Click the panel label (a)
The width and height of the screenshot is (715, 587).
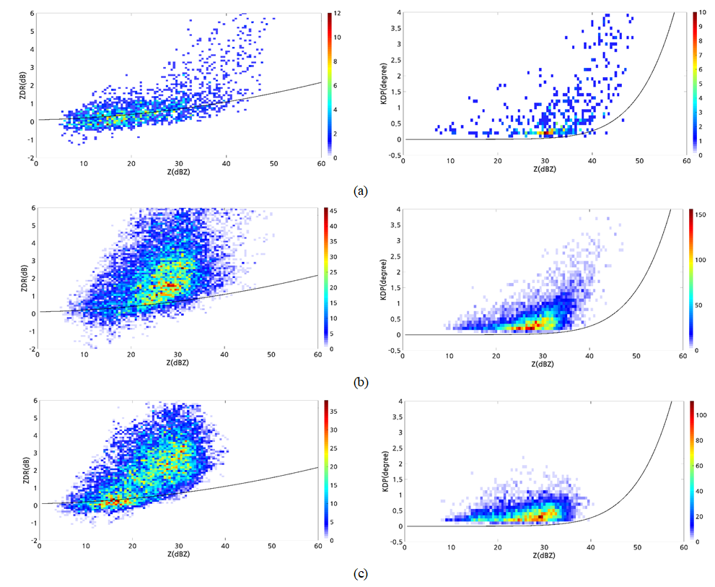tap(361, 191)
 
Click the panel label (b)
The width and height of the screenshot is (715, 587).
tap(361, 383)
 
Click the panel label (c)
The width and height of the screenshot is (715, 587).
tap(361, 575)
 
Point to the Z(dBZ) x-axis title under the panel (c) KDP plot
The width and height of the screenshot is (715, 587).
tap(545, 557)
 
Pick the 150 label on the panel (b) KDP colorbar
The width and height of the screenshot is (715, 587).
tap(704, 213)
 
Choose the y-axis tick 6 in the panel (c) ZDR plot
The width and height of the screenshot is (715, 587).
tap(32, 400)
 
